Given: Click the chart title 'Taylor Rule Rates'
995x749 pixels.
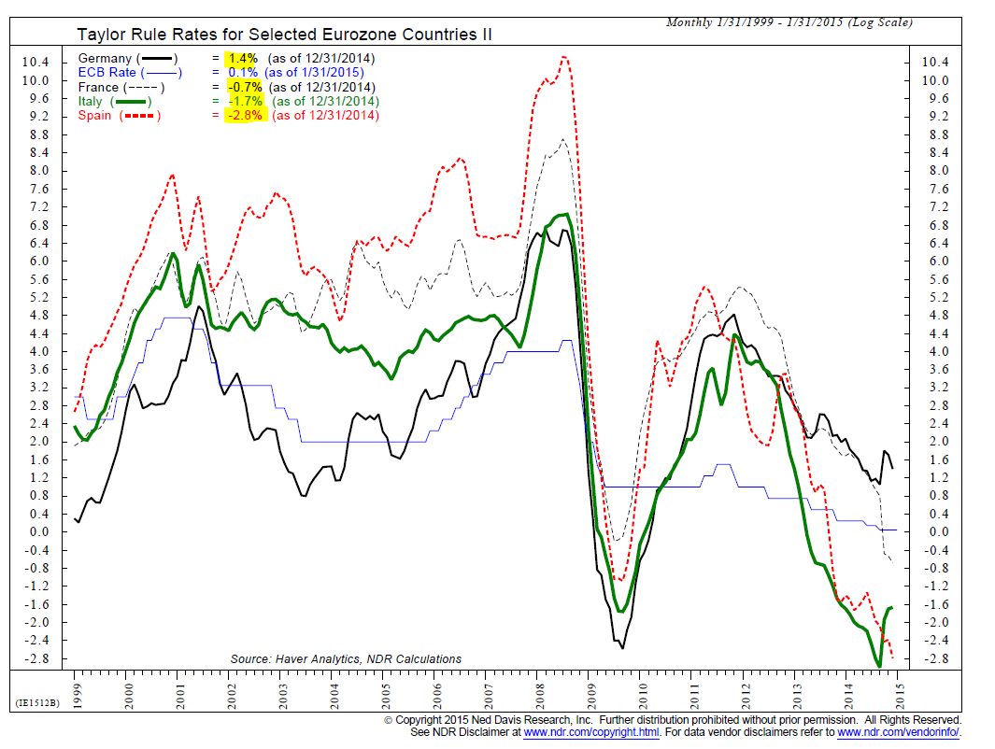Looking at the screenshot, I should (x=284, y=35).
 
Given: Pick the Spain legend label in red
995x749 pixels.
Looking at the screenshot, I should (x=95, y=116).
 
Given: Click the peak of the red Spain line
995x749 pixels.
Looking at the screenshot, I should (x=563, y=57).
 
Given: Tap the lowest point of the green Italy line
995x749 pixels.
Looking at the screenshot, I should (x=878, y=665).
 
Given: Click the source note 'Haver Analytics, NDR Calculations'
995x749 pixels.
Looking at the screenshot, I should (x=346, y=659).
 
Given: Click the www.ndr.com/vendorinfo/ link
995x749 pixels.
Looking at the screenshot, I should (x=899, y=733).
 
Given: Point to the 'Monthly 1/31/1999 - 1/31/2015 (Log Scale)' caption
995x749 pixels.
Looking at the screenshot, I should (x=789, y=22).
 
